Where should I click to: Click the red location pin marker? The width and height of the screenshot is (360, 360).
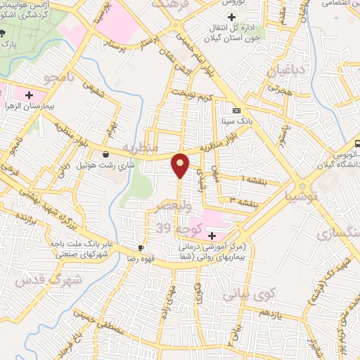coord(181,166)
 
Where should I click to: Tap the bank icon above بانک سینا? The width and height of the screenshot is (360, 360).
coord(236,110)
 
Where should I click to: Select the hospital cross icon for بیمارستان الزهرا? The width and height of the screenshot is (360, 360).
coord(29,94)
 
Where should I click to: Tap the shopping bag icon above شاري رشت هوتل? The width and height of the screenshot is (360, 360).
coord(105,155)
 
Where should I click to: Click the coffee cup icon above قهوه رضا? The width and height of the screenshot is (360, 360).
coord(141,247)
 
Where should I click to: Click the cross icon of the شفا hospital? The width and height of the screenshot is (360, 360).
coord(212,235)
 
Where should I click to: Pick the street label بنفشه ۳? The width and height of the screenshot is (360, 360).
coord(243,202)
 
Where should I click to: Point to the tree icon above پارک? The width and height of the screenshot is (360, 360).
coord(4,33)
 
